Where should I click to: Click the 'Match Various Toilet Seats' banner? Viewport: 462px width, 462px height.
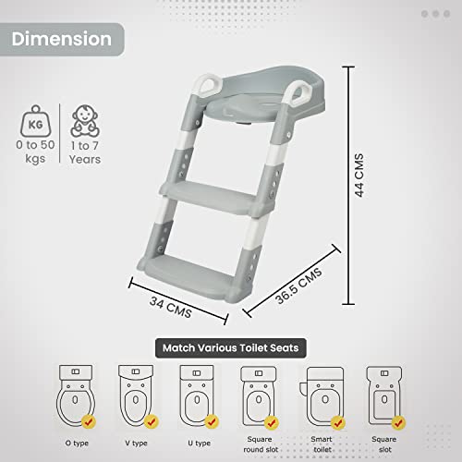pyautogui.click(x=231, y=348)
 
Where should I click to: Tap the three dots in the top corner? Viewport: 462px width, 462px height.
pyautogui.click(x=436, y=15)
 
